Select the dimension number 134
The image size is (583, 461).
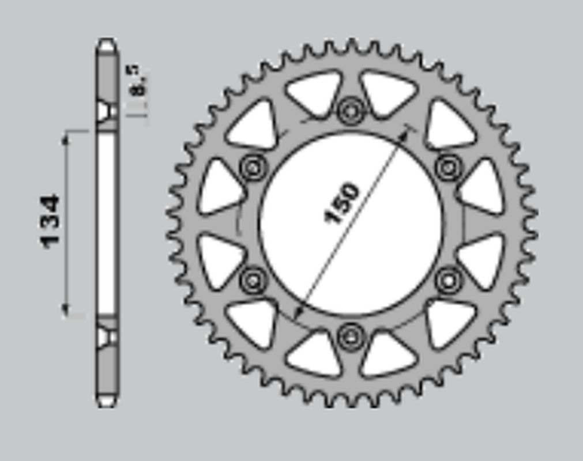tap(51, 222)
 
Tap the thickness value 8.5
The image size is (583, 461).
tap(138, 81)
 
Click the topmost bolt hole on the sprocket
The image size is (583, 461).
tap(351, 110)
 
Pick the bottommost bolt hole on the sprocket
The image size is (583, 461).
tap(351, 337)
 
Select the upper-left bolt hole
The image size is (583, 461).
tap(253, 168)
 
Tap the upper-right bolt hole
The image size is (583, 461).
tap(449, 168)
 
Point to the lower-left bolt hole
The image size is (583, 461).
tap(253, 281)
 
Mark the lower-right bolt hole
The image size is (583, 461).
tap(449, 281)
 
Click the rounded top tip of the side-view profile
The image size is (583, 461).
tap(107, 43)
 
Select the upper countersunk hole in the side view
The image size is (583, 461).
tap(106, 111)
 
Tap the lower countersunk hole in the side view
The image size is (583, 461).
tap(106, 337)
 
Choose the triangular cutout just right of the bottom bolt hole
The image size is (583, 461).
tap(388, 354)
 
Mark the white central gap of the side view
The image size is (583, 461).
tap(106, 224)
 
